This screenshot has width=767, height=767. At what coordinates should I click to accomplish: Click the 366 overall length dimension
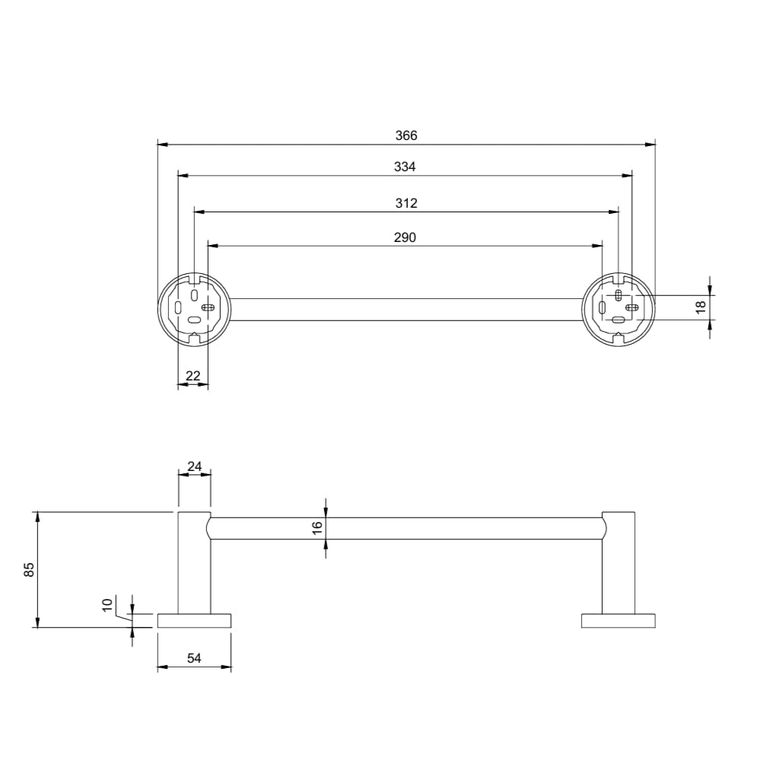pos(406,135)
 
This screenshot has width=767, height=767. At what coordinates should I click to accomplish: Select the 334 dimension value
pos(405,167)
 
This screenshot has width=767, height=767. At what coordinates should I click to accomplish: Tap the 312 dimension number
pos(406,203)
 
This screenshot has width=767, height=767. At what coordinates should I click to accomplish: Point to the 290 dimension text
pos(405,237)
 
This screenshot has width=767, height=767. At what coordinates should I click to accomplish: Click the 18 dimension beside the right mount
pos(701,307)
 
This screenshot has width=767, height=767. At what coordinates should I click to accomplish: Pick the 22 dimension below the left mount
pos(193,375)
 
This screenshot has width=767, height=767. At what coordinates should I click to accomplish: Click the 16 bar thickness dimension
pos(317,526)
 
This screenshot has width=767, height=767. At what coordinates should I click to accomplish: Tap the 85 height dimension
pos(29,569)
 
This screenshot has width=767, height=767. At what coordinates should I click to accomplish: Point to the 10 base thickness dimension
pos(107,605)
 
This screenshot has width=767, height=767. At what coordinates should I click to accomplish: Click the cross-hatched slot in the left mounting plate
pos(207,307)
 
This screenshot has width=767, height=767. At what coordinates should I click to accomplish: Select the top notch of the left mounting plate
pos(195,279)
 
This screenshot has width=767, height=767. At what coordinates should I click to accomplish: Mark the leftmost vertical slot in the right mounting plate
pos(603,308)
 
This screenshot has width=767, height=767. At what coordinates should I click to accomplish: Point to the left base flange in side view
pos(194,620)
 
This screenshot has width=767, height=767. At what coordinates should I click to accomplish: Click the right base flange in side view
pos(618,620)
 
